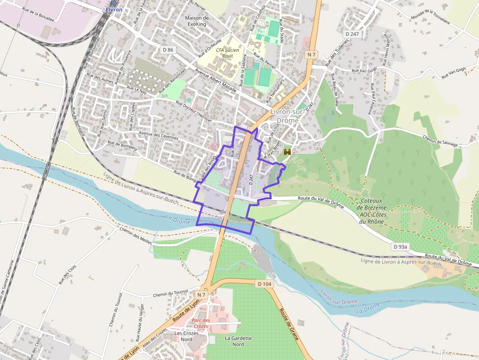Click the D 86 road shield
(168, 50)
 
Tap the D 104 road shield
(264, 284)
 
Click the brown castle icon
(287, 152)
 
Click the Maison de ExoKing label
(197, 21)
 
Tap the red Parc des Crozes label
(200, 323)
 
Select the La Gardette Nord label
(238, 341)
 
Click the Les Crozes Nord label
(187, 336)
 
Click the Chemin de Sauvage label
(440, 141)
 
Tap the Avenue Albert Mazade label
(216, 81)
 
